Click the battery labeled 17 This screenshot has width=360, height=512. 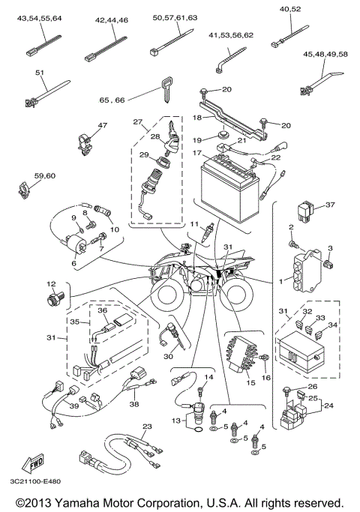[x=229, y=178]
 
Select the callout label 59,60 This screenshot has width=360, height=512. [x=45, y=175]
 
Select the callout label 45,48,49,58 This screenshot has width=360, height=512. [x=325, y=54]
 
